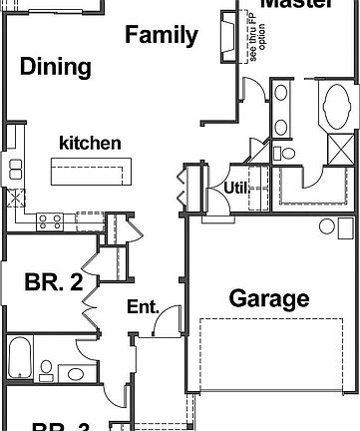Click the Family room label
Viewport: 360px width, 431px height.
(160, 36)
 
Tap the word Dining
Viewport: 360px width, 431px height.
(56, 68)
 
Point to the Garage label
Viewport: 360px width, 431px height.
(269, 297)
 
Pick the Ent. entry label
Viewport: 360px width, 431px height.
(143, 308)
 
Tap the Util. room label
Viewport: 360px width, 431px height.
(234, 187)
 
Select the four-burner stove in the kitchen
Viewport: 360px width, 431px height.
(51, 221)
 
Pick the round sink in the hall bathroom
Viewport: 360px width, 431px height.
(75, 374)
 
